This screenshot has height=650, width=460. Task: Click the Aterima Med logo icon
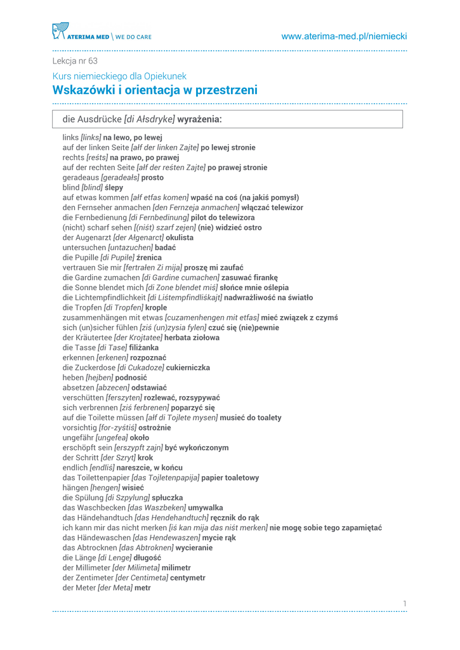click(x=60, y=31)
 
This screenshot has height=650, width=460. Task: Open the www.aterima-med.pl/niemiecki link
click(x=344, y=37)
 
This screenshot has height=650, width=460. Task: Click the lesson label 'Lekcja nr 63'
click(x=75, y=62)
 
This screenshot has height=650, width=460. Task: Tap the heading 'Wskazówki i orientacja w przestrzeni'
click(x=155, y=90)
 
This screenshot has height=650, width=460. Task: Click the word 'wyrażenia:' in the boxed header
click(x=199, y=119)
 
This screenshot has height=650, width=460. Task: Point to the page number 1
click(x=405, y=603)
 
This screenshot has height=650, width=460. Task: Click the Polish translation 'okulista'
click(x=180, y=238)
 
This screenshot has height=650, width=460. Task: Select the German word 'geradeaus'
click(x=81, y=178)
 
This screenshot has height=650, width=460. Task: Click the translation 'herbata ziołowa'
click(x=192, y=338)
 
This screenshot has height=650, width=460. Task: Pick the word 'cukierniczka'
click(x=188, y=368)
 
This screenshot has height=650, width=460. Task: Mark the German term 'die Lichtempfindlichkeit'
click(x=104, y=298)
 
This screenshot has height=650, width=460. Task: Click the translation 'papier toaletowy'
click(x=230, y=478)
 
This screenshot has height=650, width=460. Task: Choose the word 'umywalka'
click(x=206, y=508)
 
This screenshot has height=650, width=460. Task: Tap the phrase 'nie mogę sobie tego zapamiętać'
click(x=325, y=528)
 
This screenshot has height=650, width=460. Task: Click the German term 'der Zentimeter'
click(x=86, y=578)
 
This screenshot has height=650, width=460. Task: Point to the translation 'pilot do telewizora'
click(x=225, y=218)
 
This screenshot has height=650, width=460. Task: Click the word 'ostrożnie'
click(x=155, y=428)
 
